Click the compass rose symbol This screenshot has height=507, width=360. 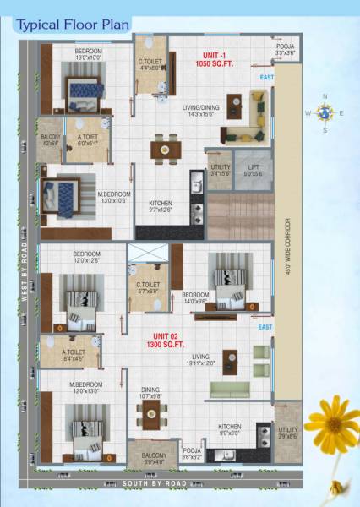pos(325,112)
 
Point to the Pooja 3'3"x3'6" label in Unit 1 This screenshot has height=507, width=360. pos(285,49)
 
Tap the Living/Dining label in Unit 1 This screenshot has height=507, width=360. pos(201,111)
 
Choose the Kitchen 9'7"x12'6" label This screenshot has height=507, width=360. pos(161,207)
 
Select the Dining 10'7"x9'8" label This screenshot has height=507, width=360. pos(153,391)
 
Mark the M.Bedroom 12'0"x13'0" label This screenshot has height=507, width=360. pos(86,388)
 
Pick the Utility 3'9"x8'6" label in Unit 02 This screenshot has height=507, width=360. pos(288,433)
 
